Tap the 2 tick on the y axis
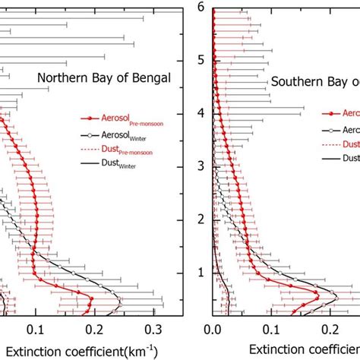pyautogui.click(x=201, y=219)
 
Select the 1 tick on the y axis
pyautogui.click(x=201, y=272)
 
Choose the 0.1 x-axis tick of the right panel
pyautogui.click(x=272, y=330)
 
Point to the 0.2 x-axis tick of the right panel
pyautogui.click(x=330, y=330)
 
